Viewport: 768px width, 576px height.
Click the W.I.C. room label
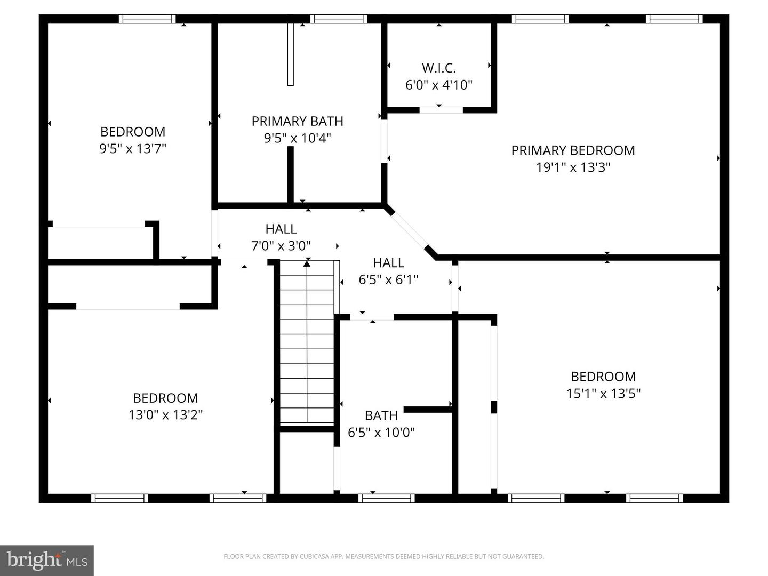tap(439, 68)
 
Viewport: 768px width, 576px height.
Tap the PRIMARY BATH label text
tap(297, 121)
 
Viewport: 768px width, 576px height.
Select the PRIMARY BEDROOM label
tap(573, 150)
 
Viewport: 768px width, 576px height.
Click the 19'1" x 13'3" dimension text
tap(573, 167)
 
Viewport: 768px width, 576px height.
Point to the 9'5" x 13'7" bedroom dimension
tap(133, 149)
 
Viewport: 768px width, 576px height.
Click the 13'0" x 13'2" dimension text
tap(165, 415)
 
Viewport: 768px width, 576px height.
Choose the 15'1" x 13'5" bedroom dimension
tap(603, 394)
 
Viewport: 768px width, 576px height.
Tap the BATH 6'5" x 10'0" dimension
tap(381, 433)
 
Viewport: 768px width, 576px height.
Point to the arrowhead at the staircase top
tap(307, 262)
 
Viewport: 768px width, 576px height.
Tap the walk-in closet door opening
tap(441, 110)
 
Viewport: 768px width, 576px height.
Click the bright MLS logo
tap(47, 560)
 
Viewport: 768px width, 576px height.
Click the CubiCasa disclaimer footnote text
tap(383, 557)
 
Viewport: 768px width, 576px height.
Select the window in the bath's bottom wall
tap(387, 499)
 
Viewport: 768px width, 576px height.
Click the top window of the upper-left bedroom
tap(147, 19)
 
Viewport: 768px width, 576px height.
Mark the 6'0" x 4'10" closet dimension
tap(439, 85)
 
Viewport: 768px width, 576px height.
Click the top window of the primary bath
tap(339, 19)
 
